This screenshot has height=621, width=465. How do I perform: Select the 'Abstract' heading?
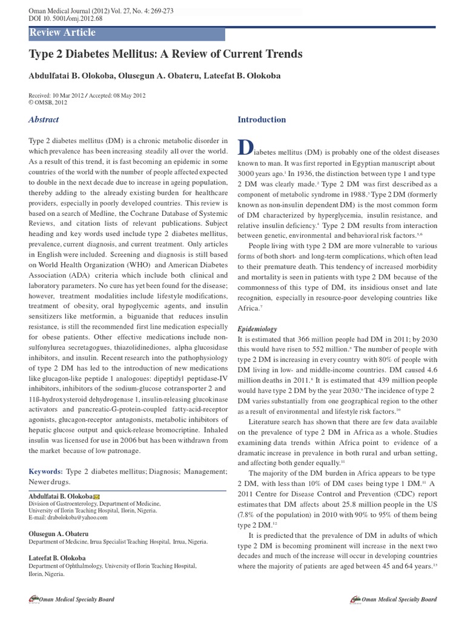tap(44, 120)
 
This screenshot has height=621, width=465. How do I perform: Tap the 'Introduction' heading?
tap(262, 119)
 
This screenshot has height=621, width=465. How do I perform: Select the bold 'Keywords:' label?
tap(45, 471)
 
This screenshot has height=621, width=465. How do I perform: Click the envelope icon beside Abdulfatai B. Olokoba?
tap(97, 496)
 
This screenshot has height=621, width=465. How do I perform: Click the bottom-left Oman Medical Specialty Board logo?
tap(71, 599)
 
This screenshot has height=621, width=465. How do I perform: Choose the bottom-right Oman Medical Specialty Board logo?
tap(394, 599)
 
